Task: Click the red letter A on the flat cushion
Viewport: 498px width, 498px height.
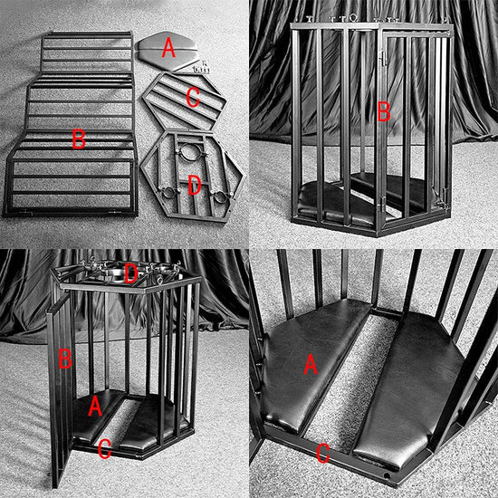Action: coord(168,50)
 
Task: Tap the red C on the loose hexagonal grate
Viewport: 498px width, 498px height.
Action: coord(192,97)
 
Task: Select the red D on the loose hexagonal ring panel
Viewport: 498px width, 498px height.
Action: coord(193,186)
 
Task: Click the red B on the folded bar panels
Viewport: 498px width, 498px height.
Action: coord(79,139)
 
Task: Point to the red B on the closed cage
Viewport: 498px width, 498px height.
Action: coord(383,112)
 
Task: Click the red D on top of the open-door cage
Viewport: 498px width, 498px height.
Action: coord(130,272)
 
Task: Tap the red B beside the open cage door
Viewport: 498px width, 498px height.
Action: coord(63,359)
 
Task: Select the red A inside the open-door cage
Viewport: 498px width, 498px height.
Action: coord(94,407)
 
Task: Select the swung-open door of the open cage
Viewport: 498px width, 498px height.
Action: coord(59,389)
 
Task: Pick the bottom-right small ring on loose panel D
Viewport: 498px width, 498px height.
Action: coord(217,196)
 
